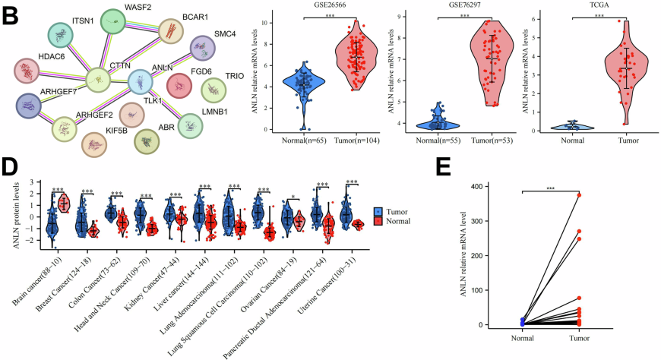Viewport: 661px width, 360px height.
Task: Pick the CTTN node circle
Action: point(98,79)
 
